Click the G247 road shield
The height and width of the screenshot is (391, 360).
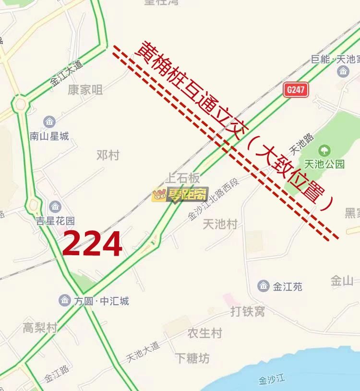coord(296,90)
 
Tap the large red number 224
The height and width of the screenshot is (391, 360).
coord(92,243)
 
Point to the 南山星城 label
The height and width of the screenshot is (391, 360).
coord(49,136)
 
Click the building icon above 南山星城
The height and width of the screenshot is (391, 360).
coord(49,122)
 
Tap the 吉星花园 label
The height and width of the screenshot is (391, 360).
coord(55,221)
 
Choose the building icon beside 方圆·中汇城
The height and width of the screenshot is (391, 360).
coord(65,301)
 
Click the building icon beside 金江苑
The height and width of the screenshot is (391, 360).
coord(263,286)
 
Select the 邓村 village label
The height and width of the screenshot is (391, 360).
coord(108,155)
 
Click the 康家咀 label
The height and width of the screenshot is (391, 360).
coord(85,90)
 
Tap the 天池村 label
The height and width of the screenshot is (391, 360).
coord(220,224)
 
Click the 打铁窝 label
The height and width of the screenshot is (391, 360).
coord(247,312)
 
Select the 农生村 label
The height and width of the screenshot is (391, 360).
coord(204,333)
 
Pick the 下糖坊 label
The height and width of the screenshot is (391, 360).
coord(192,358)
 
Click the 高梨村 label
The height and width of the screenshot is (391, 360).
coord(40,328)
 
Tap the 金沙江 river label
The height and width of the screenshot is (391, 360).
coord(272,380)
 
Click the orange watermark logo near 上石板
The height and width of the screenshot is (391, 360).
coord(180,194)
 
